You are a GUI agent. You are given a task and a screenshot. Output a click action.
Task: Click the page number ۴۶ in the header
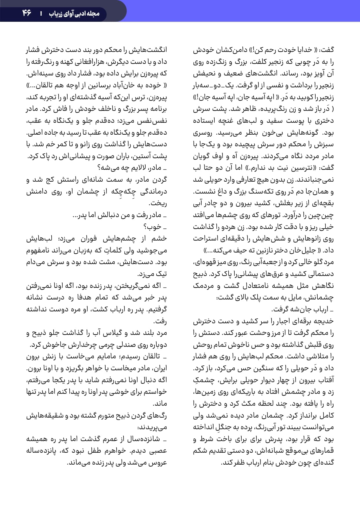coord(27,13)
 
